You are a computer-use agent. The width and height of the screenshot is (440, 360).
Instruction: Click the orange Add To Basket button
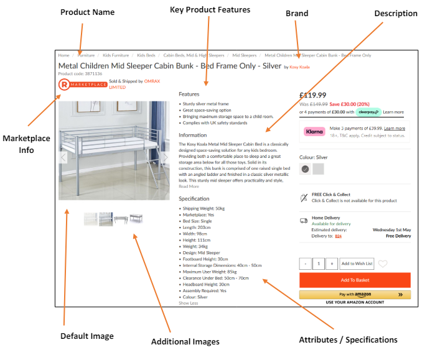coord(355,280)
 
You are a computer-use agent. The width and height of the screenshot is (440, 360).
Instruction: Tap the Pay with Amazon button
coord(355,295)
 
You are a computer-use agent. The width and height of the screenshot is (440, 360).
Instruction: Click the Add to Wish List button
coord(357,264)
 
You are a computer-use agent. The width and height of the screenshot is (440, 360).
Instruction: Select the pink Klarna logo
coord(314,131)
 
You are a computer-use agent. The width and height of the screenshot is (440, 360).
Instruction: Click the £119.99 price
coord(312,95)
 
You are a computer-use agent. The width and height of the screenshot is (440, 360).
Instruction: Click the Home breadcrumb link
coord(63,55)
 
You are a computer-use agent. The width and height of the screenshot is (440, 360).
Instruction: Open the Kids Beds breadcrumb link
coord(146,55)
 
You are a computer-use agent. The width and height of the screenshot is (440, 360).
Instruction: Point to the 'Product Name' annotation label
coord(87,12)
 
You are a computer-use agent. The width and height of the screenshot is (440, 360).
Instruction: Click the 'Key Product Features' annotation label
coord(210,9)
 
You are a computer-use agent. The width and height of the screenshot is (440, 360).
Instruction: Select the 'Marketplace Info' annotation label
coord(26,144)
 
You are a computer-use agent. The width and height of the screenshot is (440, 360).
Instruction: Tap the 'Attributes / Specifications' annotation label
coord(348,339)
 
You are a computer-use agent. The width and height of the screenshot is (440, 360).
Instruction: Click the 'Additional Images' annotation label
coord(185,341)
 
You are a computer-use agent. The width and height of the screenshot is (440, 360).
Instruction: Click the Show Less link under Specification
coord(189,303)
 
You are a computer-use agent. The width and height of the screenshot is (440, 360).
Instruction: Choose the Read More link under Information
coord(189,186)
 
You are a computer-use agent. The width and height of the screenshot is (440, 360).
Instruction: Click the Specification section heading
coord(194,199)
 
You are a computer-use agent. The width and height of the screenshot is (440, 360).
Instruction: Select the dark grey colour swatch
coord(305,168)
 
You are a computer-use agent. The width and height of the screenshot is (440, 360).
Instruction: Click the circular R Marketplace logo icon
coord(63,84)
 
